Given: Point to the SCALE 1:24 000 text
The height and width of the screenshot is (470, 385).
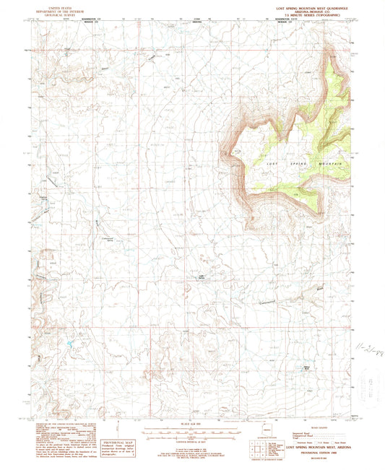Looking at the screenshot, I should [x=192, y=424].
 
